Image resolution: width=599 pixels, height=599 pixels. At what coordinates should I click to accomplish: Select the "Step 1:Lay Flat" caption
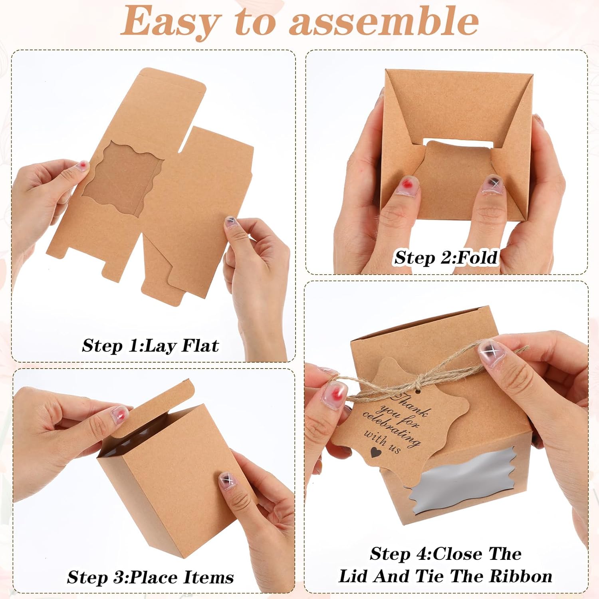(x=150, y=345)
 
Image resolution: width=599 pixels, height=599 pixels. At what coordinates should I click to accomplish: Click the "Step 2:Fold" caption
(x=446, y=258)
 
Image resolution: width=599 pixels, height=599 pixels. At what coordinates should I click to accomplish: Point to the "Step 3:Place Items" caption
(x=150, y=577)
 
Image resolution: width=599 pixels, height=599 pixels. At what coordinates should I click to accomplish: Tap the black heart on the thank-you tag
(x=375, y=452)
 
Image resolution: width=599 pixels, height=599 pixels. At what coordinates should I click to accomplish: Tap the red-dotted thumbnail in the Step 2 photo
(x=407, y=185)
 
